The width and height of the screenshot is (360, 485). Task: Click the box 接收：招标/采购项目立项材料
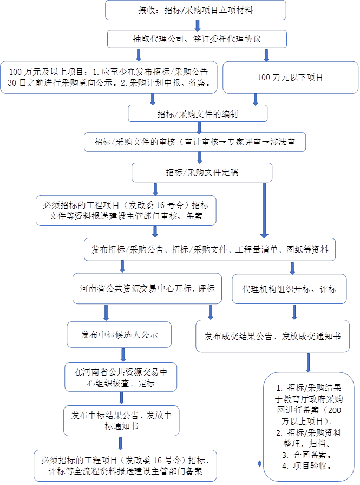[x=195, y=10]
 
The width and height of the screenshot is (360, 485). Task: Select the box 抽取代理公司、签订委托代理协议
[x=197, y=39]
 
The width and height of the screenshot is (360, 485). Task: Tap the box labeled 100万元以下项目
[x=290, y=77]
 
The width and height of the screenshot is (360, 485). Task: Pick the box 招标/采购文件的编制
[x=198, y=113]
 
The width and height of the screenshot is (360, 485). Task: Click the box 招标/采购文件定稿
[x=202, y=172]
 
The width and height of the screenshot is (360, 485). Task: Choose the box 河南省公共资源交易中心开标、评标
[x=147, y=289]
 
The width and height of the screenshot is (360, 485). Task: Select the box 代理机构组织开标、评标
[x=289, y=289]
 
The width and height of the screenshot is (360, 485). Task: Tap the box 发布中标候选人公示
[x=119, y=335]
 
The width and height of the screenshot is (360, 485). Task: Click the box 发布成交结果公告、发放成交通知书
[x=272, y=336]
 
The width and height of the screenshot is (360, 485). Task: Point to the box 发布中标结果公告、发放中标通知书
[x=121, y=421]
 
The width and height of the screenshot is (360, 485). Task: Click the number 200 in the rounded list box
[x=335, y=410]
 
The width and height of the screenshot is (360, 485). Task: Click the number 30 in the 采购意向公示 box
[x=12, y=83]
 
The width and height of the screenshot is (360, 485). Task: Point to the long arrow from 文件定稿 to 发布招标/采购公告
[x=264, y=210]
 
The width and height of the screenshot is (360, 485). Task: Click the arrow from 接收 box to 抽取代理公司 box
[x=198, y=25]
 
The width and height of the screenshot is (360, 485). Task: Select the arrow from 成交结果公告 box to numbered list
[x=308, y=362]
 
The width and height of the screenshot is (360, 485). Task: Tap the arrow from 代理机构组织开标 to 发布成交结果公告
[x=294, y=312]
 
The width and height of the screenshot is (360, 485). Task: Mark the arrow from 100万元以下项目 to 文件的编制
[x=255, y=99]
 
